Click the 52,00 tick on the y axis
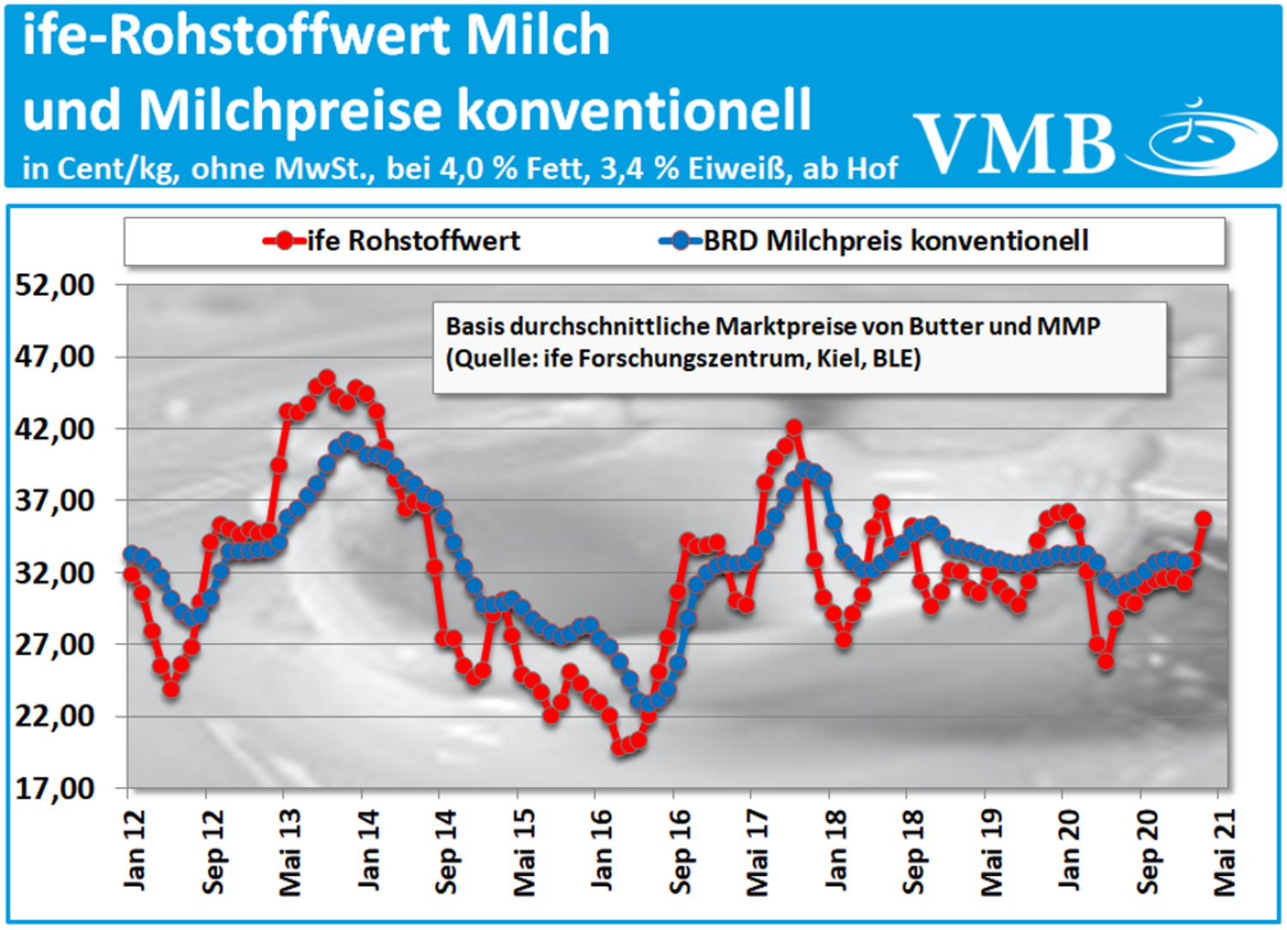click(x=55, y=286)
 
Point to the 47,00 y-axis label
click(x=55, y=357)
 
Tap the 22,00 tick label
click(x=55, y=716)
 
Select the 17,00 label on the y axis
click(x=55, y=788)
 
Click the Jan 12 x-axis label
click(x=134, y=848)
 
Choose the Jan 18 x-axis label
click(x=835, y=848)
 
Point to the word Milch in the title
click(x=539, y=36)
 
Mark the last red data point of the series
click(x=1203, y=518)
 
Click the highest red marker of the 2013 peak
click(x=327, y=377)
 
